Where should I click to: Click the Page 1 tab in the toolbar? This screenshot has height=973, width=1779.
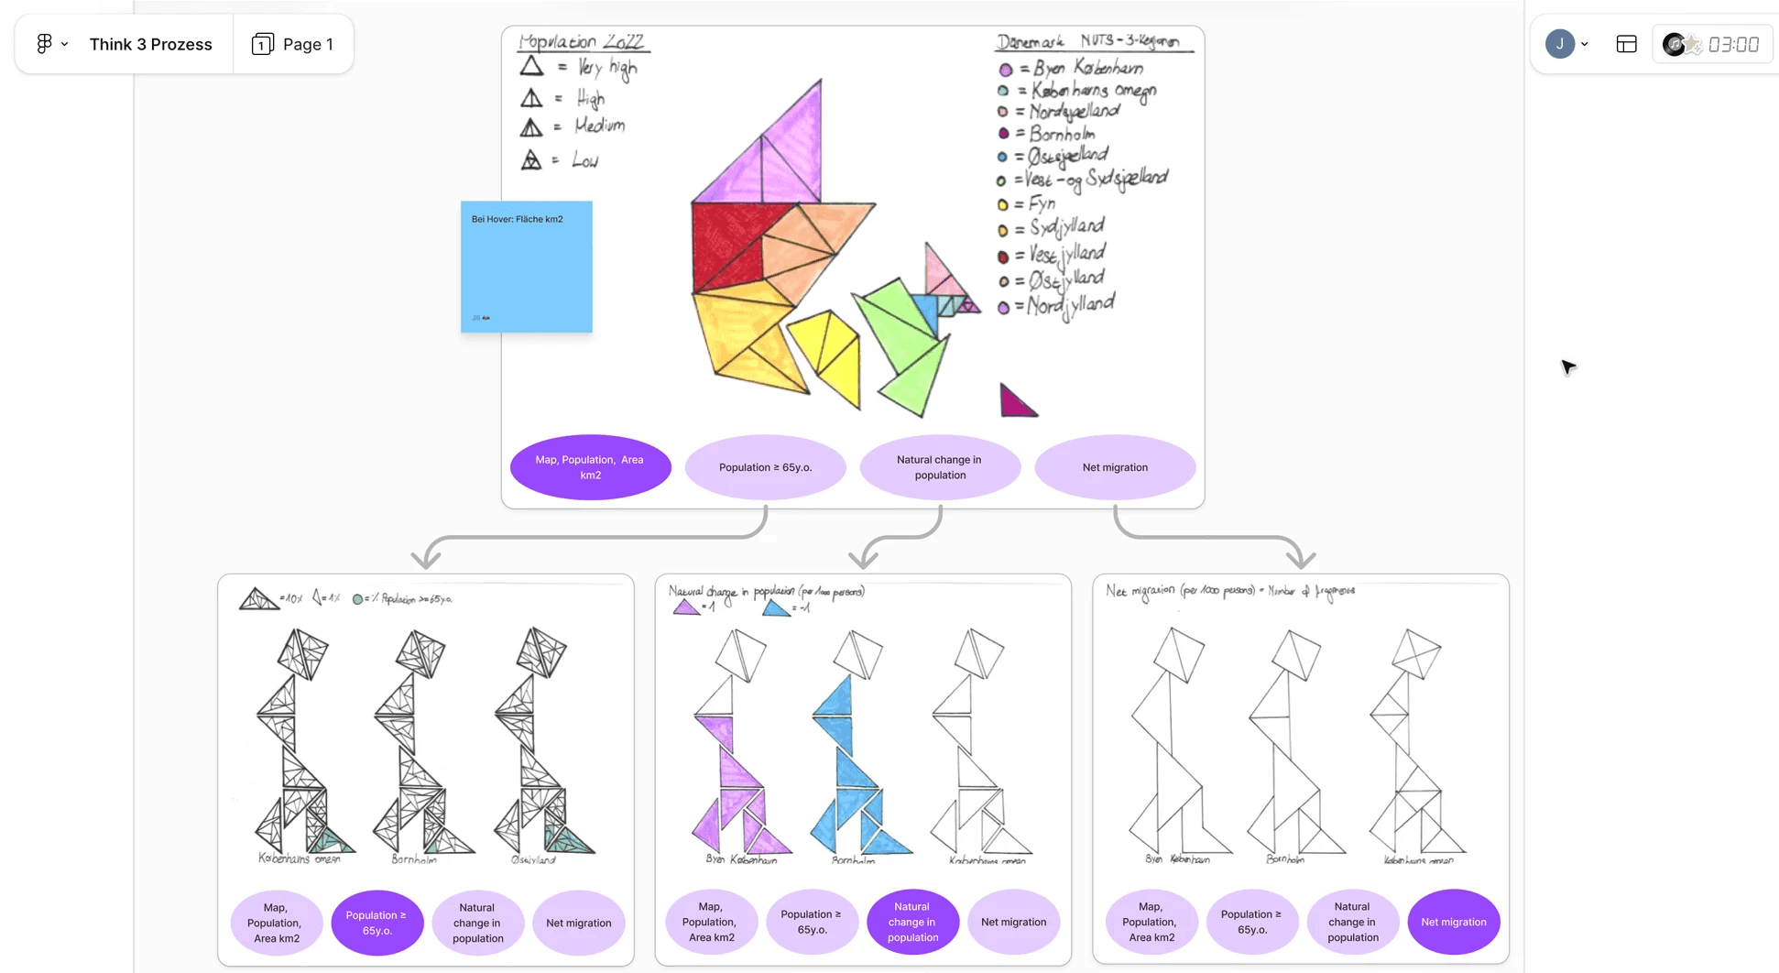(x=293, y=44)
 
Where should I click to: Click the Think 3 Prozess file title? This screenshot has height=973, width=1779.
(x=150, y=44)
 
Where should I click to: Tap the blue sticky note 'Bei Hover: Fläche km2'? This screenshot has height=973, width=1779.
(x=526, y=267)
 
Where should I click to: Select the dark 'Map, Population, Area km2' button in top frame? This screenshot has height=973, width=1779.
(x=590, y=467)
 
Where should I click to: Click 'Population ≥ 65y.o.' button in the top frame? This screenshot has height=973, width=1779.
(x=765, y=467)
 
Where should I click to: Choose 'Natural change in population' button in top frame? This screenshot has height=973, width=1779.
(x=939, y=467)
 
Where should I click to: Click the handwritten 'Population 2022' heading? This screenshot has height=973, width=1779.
(x=581, y=42)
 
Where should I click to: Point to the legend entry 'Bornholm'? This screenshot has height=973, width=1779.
(x=1061, y=134)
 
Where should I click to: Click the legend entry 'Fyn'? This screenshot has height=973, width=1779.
(x=1041, y=203)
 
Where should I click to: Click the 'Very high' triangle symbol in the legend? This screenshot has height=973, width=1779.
(x=531, y=67)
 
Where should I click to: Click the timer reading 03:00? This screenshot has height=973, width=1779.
(x=1732, y=44)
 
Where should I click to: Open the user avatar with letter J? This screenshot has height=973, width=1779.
(x=1559, y=44)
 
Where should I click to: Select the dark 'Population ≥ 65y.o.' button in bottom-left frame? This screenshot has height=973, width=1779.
(x=377, y=923)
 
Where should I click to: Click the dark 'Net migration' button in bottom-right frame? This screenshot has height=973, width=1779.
(x=1453, y=922)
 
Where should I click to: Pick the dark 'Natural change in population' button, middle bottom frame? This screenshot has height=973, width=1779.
(x=912, y=922)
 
